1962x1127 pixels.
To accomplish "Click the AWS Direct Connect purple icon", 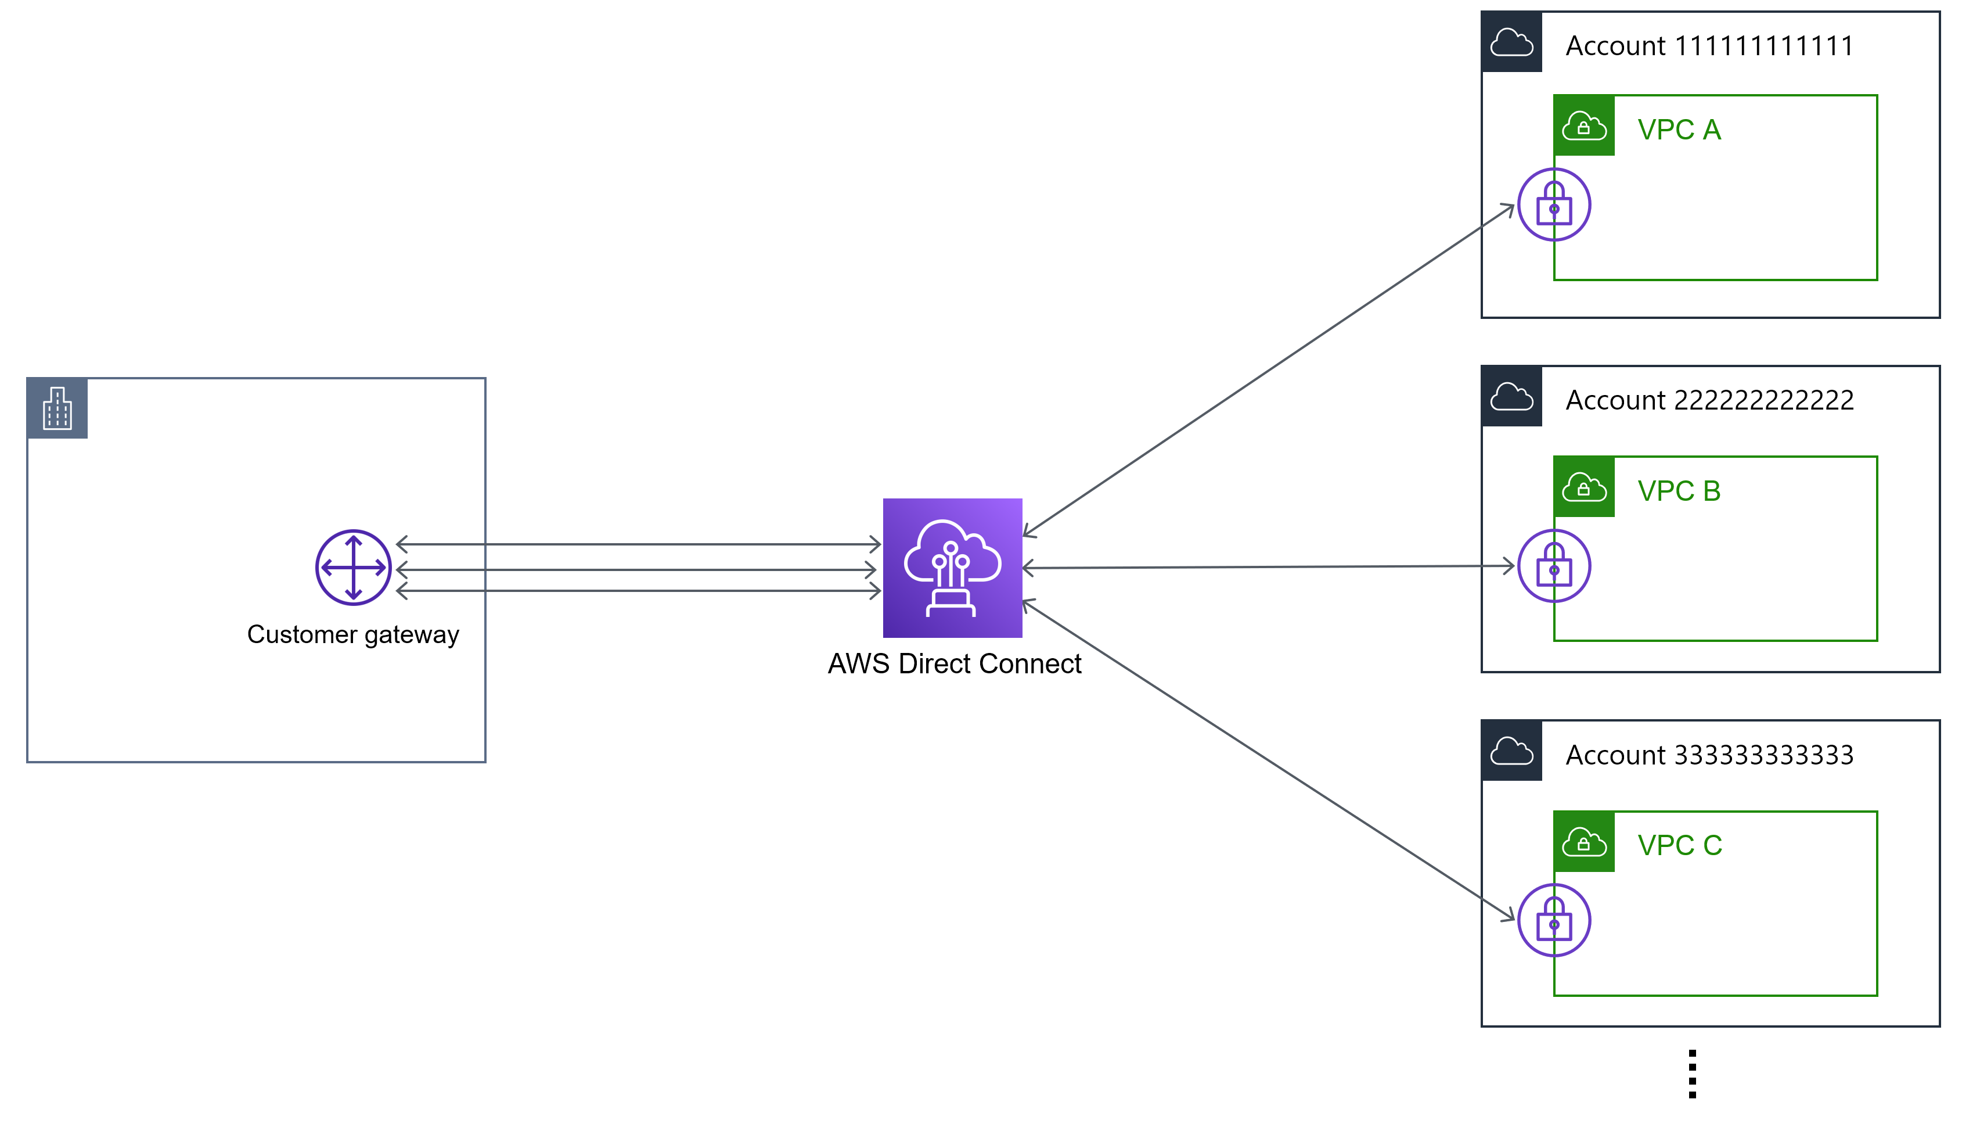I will coord(952,568).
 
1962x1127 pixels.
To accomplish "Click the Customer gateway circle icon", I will coord(354,568).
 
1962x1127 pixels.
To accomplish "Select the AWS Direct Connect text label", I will coord(954,663).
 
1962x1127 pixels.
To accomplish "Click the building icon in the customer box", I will coord(57,408).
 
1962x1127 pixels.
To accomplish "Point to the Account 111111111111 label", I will coord(1709,46).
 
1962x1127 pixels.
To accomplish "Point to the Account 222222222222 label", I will coord(1709,400).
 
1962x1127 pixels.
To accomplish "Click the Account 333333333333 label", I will coord(1709,755).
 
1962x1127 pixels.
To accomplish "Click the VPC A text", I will coord(1679,130).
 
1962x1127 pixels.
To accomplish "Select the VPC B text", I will coord(1679,491).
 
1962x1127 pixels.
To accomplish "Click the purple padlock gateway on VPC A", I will coord(1553,204).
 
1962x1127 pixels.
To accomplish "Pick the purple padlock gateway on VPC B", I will coord(1553,566).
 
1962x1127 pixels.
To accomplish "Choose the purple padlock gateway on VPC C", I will coord(1553,920).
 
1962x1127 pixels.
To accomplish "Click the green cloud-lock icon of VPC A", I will coord(1583,125).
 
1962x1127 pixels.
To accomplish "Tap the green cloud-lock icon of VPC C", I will coord(1583,841).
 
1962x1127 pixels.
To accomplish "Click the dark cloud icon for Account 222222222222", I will coord(1511,396).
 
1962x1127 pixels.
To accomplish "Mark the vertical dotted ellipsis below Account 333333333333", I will coord(1692,1074).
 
